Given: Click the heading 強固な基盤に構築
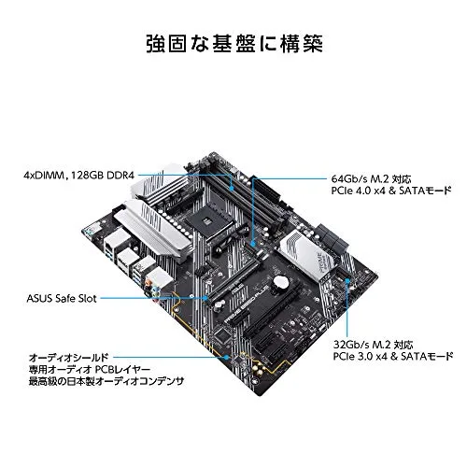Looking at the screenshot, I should coord(233,43).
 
